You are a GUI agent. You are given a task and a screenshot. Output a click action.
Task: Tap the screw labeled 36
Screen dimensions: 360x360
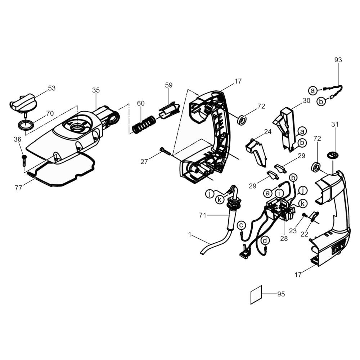coord(24,161)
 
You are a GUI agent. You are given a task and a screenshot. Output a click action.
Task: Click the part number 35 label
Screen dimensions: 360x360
coord(96,90)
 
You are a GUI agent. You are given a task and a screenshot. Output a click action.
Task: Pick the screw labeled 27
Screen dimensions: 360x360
coord(165,151)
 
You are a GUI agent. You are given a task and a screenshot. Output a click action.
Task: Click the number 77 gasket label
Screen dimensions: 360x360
coord(18,188)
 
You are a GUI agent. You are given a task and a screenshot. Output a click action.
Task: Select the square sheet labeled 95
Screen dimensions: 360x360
coord(256,295)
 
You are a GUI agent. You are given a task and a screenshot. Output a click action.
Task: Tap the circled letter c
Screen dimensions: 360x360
coord(241,225)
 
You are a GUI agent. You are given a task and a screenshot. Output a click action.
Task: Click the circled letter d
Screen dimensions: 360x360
coord(265,240)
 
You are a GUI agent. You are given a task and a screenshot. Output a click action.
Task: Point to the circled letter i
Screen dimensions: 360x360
coord(279,193)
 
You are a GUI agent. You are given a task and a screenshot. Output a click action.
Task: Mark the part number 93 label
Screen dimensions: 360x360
coord(338,60)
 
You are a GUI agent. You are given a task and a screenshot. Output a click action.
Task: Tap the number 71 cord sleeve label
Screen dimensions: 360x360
coord(202,215)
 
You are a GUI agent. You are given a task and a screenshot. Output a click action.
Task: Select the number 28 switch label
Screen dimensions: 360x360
coord(284,239)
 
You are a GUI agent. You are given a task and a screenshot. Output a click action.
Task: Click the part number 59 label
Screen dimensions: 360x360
coord(169,85)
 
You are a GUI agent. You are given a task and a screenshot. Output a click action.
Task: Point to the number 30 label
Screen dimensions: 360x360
coord(306,100)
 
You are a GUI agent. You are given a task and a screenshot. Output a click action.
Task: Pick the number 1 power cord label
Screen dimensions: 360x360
coord(190,235)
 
